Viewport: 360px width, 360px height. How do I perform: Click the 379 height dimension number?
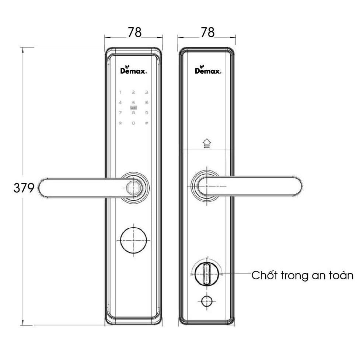coord(24,188)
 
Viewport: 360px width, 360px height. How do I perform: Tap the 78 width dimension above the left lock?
coord(134,33)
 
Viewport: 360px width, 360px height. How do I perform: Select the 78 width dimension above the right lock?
coord(207,33)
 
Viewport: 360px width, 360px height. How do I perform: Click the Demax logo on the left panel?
coord(133,71)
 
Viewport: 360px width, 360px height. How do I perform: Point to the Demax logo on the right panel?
coord(208,71)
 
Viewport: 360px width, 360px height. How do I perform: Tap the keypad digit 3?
coord(146,93)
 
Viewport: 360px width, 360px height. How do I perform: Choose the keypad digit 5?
coord(133,103)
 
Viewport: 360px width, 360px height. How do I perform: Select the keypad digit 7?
coord(120,113)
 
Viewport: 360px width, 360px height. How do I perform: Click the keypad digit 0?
coord(133,123)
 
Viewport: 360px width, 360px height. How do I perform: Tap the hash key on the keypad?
coord(146,123)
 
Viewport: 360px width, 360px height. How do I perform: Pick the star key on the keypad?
coord(120,123)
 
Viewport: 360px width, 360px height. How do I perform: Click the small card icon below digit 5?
coord(133,108)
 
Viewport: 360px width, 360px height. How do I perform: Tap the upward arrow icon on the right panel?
coord(206,143)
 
